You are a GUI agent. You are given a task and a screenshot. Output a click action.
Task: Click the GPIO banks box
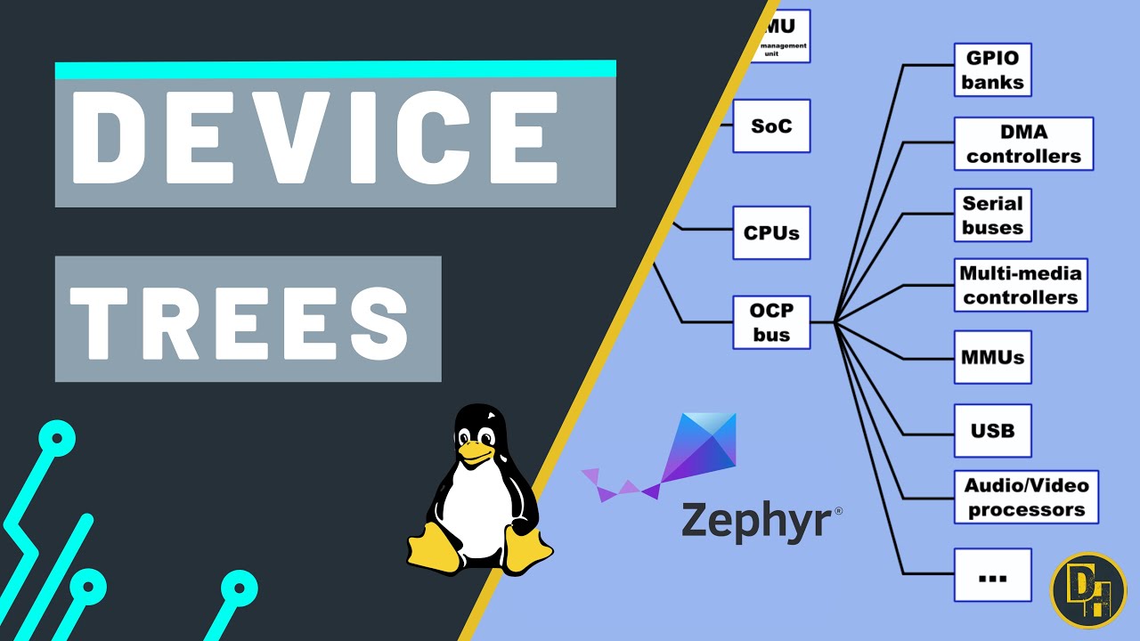point(992,69)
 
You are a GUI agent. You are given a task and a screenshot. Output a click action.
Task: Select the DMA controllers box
point(1023,143)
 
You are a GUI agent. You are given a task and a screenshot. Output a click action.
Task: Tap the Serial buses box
point(992,215)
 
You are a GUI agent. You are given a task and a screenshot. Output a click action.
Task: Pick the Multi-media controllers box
point(1020,285)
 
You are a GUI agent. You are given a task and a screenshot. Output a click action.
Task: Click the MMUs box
point(992,357)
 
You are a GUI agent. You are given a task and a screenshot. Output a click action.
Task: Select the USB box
point(992,430)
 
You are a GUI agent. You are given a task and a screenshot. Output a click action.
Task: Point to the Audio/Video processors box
point(1026,497)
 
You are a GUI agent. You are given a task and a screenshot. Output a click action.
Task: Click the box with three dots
point(992,575)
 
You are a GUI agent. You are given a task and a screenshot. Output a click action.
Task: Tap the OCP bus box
point(771,322)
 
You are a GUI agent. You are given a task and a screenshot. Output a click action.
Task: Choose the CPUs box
point(771,233)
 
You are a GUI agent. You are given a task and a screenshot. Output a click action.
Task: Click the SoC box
point(771,126)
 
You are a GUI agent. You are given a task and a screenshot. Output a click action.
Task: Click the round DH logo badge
point(1088,590)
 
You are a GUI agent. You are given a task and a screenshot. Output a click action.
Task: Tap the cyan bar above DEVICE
point(335,69)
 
